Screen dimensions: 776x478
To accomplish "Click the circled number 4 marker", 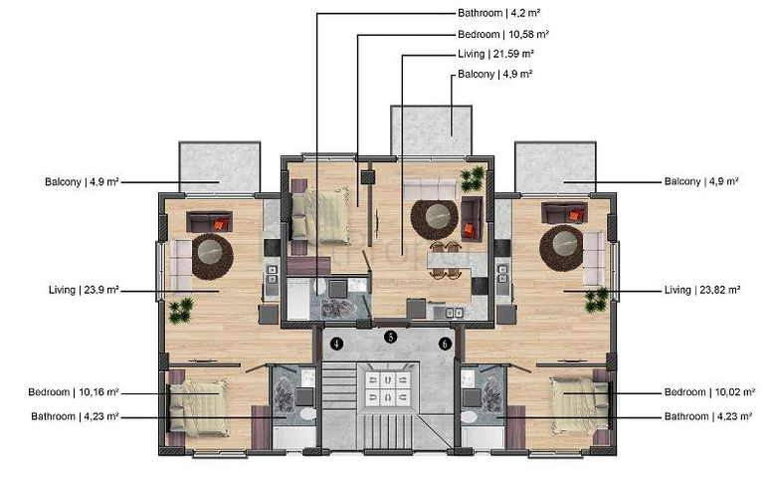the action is (337, 344).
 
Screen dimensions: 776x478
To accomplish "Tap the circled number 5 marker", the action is (391, 337).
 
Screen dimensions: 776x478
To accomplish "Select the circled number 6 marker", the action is (446, 344).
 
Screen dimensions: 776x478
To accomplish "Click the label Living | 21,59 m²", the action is (495, 54).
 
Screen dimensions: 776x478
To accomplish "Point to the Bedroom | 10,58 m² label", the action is (503, 34).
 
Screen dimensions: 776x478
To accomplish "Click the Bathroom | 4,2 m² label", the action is (498, 13).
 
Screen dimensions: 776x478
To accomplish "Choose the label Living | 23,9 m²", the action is (84, 290).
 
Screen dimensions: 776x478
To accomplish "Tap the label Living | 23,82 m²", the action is (702, 290).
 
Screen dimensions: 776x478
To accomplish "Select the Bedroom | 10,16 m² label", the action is (74, 392).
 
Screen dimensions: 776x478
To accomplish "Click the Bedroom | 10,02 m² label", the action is (709, 392).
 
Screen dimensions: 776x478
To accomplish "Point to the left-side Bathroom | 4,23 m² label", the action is (75, 416).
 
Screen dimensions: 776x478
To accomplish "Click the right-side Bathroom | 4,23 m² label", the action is (708, 416).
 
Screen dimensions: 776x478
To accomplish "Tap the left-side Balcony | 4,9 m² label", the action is (82, 182).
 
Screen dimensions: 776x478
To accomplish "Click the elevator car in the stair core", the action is (388, 387).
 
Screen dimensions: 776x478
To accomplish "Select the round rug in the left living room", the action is (212, 256).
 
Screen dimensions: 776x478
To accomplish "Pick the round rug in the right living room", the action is (561, 248).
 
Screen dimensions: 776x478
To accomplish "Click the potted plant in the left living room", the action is (181, 310).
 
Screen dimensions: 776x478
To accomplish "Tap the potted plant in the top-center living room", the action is (474, 179).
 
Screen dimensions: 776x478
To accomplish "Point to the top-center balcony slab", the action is (431, 129).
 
